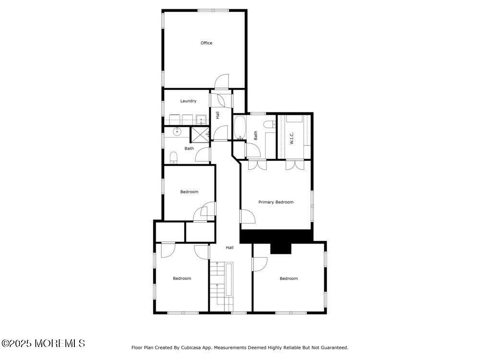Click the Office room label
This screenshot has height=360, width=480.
click(x=206, y=43)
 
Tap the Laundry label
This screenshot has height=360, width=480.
click(x=188, y=101)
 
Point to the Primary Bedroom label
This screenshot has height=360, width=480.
click(x=276, y=203)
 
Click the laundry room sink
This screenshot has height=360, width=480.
click(x=201, y=120)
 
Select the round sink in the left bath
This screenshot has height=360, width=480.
click(x=177, y=131)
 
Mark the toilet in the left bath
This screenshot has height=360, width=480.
click(x=174, y=157)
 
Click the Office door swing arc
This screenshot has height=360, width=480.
click(x=222, y=82)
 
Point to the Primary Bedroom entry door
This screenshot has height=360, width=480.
click(x=248, y=219)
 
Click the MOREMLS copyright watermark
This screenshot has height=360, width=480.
click(x=43, y=343)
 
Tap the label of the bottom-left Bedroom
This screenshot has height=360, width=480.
click(x=182, y=279)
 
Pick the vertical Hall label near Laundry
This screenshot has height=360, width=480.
click(x=217, y=115)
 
